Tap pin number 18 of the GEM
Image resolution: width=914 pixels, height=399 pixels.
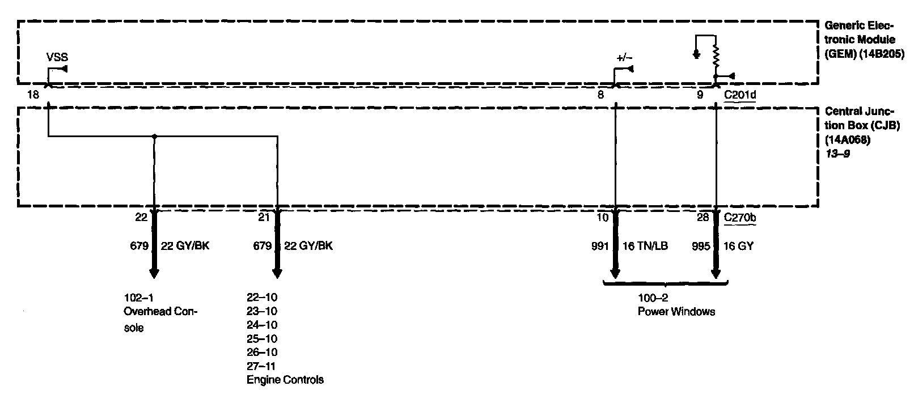click(x=33, y=95)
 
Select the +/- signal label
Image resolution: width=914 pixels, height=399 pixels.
click(x=625, y=58)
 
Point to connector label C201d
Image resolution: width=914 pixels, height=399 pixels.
click(x=740, y=95)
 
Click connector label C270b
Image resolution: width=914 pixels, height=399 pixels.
click(x=740, y=217)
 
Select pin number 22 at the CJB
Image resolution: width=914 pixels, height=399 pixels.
click(x=141, y=217)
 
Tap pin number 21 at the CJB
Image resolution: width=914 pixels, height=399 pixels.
click(x=263, y=217)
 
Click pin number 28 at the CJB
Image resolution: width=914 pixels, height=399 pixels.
click(x=704, y=217)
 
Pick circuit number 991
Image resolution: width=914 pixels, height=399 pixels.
click(x=600, y=247)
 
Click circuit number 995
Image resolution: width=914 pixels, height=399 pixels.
click(x=701, y=247)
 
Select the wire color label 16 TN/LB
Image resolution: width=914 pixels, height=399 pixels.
click(x=645, y=247)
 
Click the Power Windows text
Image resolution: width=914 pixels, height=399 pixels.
click(x=676, y=312)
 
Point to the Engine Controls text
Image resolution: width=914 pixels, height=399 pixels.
click(x=285, y=380)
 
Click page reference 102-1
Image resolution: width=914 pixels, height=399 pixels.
click(x=138, y=298)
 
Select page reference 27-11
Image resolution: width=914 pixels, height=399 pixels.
click(x=262, y=366)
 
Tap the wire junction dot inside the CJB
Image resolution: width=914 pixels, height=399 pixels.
click(x=154, y=136)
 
